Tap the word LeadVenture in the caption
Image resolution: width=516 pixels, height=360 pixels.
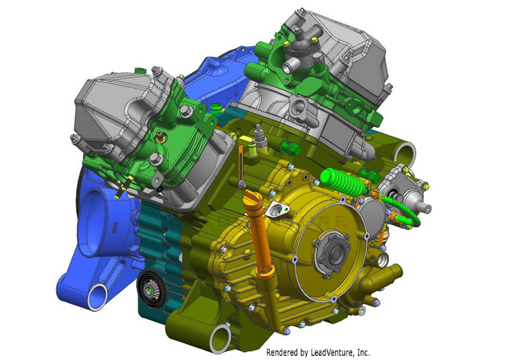tap(332, 352)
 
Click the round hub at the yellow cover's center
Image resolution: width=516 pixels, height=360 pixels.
tap(332, 251)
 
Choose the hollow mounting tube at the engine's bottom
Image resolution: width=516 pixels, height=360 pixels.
tap(220, 339)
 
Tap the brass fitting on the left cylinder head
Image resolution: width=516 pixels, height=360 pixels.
tap(160, 136)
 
